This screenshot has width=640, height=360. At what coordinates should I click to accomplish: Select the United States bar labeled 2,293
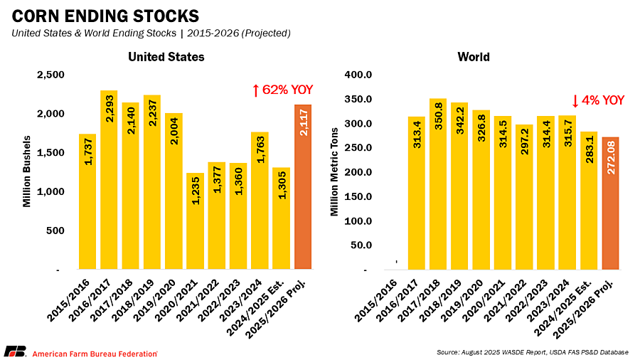coord(109,180)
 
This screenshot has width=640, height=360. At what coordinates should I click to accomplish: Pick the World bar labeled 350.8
coord(437,184)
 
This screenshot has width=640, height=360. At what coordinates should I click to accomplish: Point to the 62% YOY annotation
coord(282,90)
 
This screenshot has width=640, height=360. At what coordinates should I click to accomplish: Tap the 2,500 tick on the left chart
coord(50,75)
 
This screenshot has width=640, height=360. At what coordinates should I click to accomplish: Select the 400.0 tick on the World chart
coord(357,75)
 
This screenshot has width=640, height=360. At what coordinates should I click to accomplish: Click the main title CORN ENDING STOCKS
coord(101,16)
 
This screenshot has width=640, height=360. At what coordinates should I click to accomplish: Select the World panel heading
coord(474,57)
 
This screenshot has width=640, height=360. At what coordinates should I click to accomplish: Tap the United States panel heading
coord(166,57)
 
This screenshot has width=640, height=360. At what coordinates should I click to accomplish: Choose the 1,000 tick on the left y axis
coord(50,192)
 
